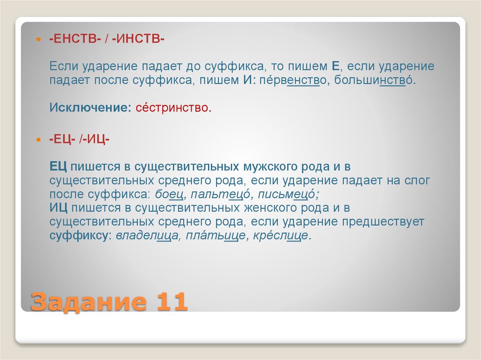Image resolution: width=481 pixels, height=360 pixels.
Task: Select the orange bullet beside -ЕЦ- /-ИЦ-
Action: point(39,140)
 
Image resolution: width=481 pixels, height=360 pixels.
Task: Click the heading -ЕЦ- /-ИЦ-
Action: point(80,139)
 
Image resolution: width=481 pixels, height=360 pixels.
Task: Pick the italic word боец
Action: point(167,194)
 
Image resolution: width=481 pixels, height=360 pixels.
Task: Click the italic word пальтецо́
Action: point(220,194)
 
